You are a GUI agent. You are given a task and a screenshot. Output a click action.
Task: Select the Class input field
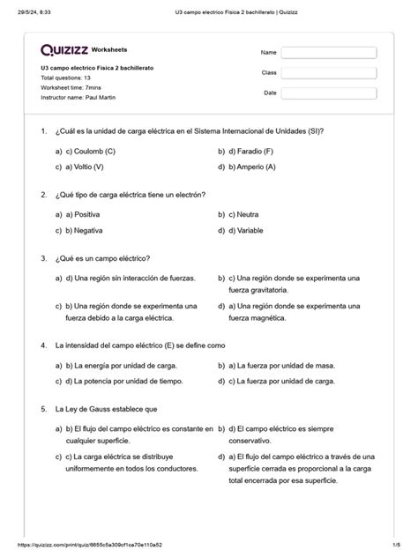click(329, 74)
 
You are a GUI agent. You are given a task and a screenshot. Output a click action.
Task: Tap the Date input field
click(329, 94)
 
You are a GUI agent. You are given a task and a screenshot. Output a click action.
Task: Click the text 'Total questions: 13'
click(66, 78)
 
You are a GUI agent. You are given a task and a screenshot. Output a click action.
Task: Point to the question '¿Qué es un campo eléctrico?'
click(102, 258)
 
